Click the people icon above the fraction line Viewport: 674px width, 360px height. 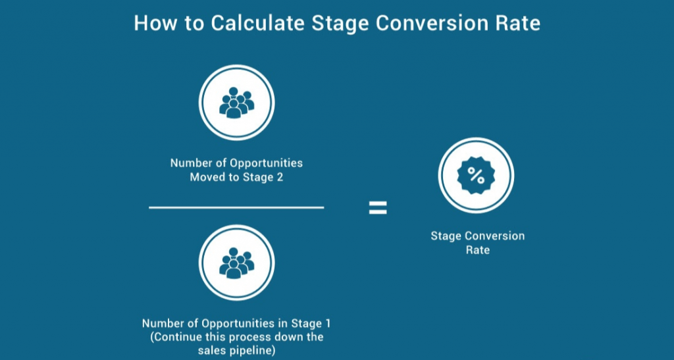(x=236, y=103)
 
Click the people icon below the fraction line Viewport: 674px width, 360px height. (x=236, y=263)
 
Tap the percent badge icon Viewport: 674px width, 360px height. (x=476, y=176)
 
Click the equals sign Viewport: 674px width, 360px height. (x=377, y=209)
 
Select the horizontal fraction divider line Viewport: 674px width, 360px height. (x=236, y=208)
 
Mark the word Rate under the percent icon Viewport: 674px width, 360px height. (x=477, y=250)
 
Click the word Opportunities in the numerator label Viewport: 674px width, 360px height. (x=265, y=163)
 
